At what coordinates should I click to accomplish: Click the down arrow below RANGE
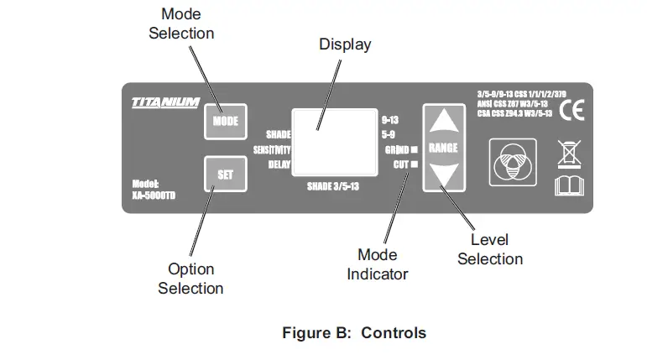(442, 175)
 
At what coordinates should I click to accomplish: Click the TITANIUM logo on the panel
(165, 102)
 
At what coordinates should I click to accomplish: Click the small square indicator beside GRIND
(414, 149)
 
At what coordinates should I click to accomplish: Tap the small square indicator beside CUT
(414, 164)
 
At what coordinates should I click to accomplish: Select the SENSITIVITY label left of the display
(272, 149)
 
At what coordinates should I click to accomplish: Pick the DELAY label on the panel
(279, 164)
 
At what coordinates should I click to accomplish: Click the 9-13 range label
(389, 119)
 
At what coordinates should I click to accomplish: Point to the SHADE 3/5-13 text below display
(333, 186)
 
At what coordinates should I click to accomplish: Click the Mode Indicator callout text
(377, 264)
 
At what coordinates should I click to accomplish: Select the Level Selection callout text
(490, 249)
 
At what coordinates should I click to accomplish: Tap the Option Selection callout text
(190, 279)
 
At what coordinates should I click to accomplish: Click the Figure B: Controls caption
(353, 332)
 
